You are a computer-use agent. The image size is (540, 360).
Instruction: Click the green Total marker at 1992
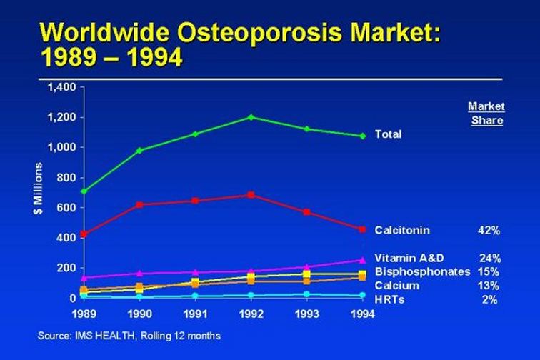251,117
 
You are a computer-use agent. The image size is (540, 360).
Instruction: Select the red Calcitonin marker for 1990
139,205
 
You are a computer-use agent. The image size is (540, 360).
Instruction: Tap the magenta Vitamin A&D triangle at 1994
362,260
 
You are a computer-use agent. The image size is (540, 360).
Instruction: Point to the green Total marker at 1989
84,191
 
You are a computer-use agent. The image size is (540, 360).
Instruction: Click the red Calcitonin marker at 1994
362,229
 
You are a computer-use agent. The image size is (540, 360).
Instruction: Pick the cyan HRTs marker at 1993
307,294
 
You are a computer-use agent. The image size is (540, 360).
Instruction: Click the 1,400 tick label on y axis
62,87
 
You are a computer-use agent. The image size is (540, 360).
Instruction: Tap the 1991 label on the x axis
195,314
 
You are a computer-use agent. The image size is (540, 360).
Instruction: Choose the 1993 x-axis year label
307,314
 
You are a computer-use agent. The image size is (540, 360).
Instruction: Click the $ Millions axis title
39,188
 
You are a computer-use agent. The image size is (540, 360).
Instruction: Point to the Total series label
388,134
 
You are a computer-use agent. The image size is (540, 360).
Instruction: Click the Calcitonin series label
402,230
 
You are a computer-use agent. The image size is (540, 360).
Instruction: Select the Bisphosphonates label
423,272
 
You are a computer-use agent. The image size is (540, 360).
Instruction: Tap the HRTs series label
389,299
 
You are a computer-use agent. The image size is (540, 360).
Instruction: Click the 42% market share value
489,230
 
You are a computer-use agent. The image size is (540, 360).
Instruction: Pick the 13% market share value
489,286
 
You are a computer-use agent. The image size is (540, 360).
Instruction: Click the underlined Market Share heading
486,114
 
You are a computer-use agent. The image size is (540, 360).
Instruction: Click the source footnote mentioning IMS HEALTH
129,336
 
